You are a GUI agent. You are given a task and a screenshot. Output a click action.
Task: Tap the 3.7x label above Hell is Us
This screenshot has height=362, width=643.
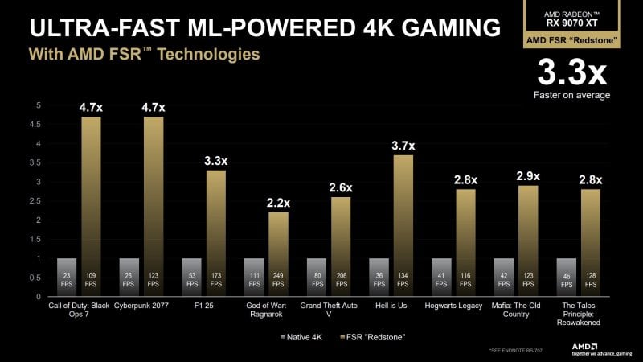click(x=403, y=146)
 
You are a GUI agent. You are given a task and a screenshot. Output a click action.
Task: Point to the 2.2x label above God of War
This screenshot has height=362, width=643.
click(x=278, y=203)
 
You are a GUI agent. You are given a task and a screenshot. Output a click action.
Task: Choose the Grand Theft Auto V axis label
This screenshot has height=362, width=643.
click(x=341, y=310)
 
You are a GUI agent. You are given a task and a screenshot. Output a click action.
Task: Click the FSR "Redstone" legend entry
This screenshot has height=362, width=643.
click(x=370, y=335)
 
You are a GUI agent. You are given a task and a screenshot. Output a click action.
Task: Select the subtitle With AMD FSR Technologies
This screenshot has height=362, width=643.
click(x=145, y=56)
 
